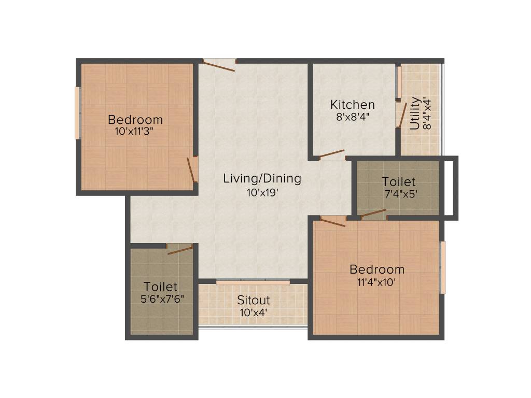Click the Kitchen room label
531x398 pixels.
[x=353, y=105]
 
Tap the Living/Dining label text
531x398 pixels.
[x=262, y=179]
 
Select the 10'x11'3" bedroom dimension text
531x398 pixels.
[x=135, y=131]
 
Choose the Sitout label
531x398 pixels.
[x=254, y=300]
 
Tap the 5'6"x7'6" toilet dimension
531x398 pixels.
[x=161, y=299]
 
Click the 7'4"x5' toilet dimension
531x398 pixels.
[x=398, y=194]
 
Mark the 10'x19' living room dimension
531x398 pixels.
[x=262, y=193]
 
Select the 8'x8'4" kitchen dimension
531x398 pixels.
[x=353, y=117]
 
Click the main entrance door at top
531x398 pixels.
[x=219, y=65]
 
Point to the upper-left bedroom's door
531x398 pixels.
[x=191, y=169]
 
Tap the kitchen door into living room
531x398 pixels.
[x=332, y=154]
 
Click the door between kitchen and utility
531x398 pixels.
[x=401, y=115]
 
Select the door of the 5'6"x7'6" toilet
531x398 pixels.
[x=180, y=250]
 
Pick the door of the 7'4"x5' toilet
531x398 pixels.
[x=373, y=213]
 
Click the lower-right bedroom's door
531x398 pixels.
[x=332, y=222]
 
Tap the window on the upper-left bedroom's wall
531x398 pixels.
[x=77, y=113]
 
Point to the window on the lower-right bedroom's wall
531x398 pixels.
[x=442, y=267]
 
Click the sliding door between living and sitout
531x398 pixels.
[x=253, y=282]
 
